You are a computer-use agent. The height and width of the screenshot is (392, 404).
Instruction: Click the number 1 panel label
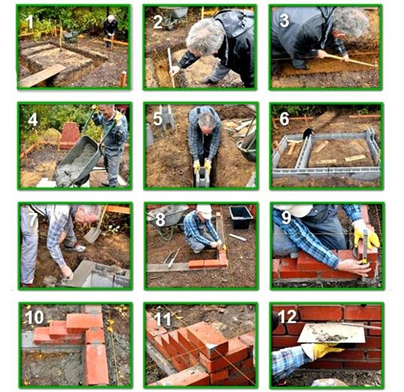[x=30, y=21]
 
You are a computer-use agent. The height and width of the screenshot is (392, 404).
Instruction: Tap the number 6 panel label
[x=285, y=119]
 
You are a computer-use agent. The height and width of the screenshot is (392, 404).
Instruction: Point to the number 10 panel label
[x=34, y=317]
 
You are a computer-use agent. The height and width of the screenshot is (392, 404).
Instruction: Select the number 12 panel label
[x=288, y=316]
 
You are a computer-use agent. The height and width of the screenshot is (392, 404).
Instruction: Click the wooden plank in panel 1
[x=42, y=75]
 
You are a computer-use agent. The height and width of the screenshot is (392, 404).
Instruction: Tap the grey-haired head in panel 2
[x=205, y=37]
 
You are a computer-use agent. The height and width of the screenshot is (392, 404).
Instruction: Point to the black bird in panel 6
[x=308, y=132]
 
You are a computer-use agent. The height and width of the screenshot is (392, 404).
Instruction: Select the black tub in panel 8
[x=241, y=217]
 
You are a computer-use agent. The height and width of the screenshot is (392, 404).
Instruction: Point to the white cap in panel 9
[x=296, y=209]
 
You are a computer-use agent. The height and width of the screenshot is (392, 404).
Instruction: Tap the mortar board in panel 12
[x=332, y=333]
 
